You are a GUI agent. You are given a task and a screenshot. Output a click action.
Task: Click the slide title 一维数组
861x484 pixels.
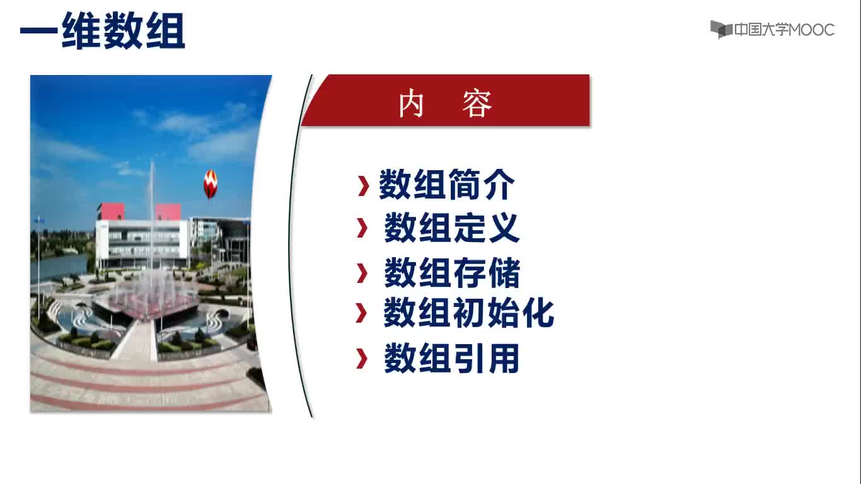tap(103, 30)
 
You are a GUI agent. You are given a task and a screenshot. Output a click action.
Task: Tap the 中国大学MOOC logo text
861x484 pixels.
tap(784, 30)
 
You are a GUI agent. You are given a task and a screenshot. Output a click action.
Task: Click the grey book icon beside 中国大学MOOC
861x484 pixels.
tap(721, 30)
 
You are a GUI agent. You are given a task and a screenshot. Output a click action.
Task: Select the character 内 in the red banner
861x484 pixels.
tap(411, 103)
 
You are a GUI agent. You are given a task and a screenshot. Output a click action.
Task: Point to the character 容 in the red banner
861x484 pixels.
tap(477, 103)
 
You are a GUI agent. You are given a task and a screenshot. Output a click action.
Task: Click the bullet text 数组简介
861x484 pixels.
tap(447, 185)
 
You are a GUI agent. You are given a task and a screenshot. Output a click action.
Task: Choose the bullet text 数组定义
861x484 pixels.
tap(452, 228)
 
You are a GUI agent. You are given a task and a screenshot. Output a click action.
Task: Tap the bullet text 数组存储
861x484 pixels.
tap(452, 272)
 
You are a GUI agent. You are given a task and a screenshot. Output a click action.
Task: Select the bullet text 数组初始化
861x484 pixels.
tap(468, 313)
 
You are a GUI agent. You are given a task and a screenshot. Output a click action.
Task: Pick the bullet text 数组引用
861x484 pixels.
tap(452, 358)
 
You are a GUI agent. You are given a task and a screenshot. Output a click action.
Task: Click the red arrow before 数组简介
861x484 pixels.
tap(363, 186)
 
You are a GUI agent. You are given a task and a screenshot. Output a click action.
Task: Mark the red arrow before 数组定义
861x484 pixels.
tap(362, 228)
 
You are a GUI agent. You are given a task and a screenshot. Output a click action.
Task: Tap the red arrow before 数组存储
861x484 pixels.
tap(362, 273)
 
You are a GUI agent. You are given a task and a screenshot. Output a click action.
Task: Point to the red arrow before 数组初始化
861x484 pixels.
tap(361, 313)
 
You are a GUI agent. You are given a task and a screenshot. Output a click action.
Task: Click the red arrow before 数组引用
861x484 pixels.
tap(362, 359)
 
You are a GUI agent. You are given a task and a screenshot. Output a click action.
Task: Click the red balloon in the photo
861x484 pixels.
tap(211, 184)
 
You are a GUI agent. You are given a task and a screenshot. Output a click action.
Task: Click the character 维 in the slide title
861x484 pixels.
tap(81, 30)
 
